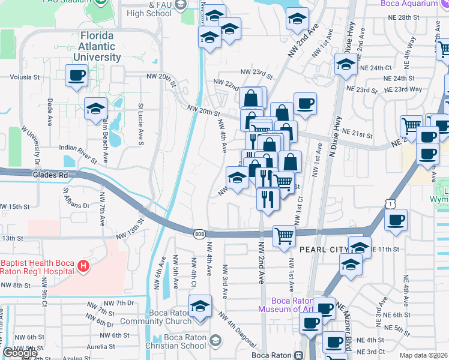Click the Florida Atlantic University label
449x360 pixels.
(97, 47)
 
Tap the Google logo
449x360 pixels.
(20, 353)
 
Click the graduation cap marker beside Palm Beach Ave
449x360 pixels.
(95, 109)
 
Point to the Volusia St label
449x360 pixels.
(24, 77)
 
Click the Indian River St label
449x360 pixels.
(78, 154)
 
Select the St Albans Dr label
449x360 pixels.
(76, 197)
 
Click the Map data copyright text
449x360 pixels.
(423, 355)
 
